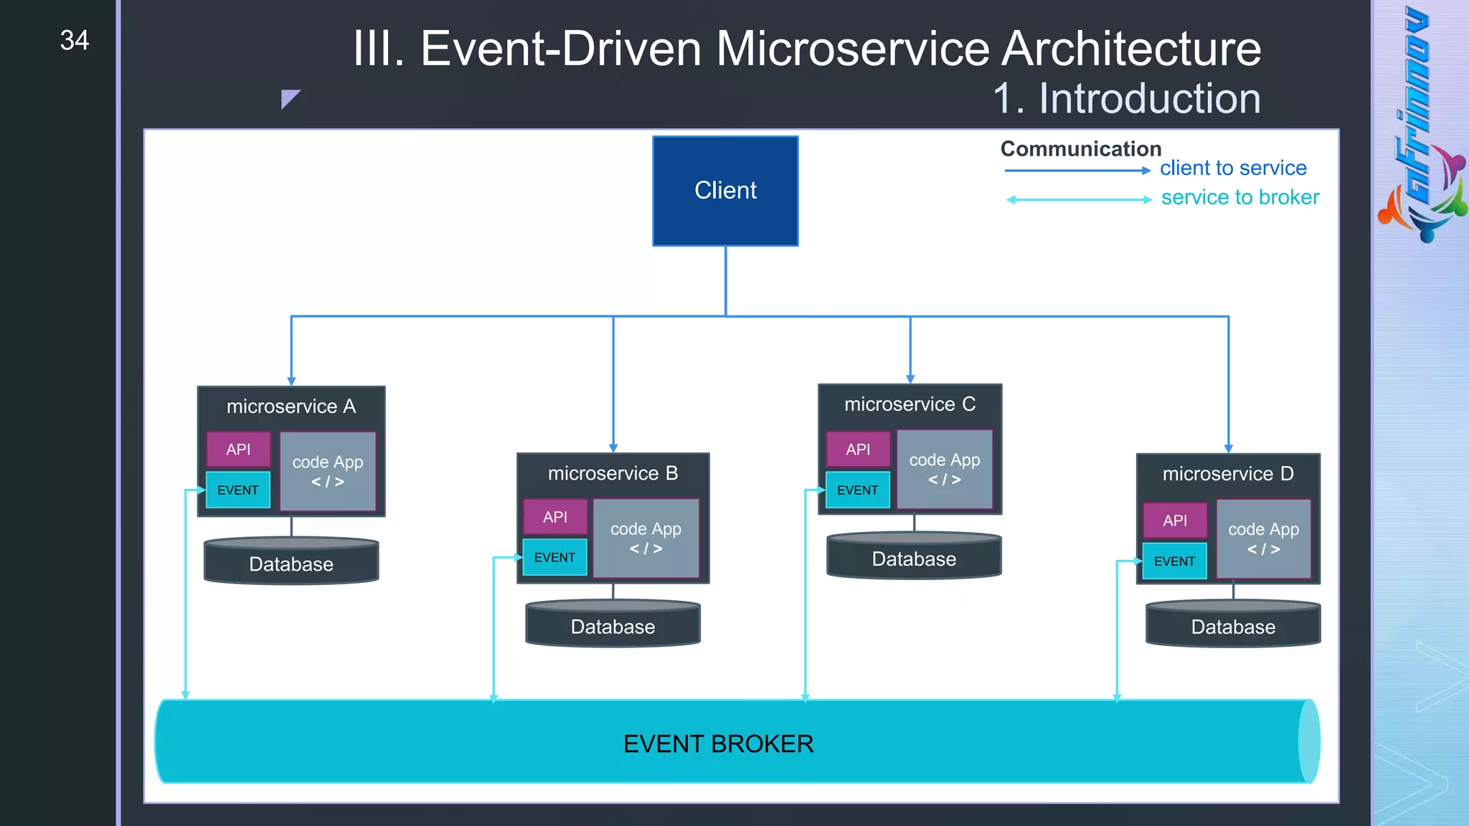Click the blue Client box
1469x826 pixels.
coord(725,191)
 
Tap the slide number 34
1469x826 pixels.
coord(75,40)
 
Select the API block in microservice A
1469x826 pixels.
coord(238,450)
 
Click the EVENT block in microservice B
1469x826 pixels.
coord(554,557)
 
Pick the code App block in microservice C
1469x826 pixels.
coord(944,469)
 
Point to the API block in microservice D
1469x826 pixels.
coord(1175,521)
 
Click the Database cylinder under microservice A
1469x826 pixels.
coord(291,563)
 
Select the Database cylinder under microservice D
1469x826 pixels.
coord(1233,626)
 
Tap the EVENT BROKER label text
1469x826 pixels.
coord(718,744)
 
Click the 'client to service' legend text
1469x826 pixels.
coord(1233,168)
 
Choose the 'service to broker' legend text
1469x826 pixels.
coord(1239,197)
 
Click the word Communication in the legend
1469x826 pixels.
coord(1080,148)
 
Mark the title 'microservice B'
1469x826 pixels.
coord(613,473)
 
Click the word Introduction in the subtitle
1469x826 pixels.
coord(1149,98)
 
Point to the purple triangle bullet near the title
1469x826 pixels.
coord(288,98)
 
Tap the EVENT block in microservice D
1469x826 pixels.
coord(1174,561)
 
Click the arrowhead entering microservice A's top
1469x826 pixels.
coord(291,381)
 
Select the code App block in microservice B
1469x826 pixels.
coord(646,538)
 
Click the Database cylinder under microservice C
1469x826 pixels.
coord(914,558)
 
